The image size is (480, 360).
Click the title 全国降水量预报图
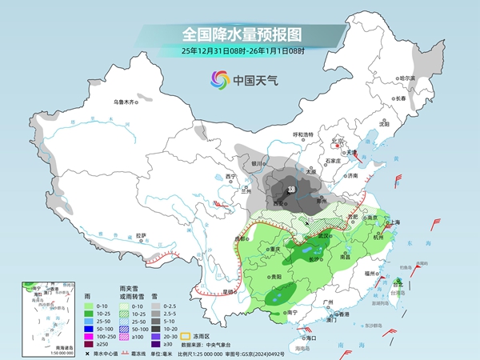coord(240,34)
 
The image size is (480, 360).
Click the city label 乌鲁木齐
coord(124,102)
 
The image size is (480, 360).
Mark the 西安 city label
coord(280,205)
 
